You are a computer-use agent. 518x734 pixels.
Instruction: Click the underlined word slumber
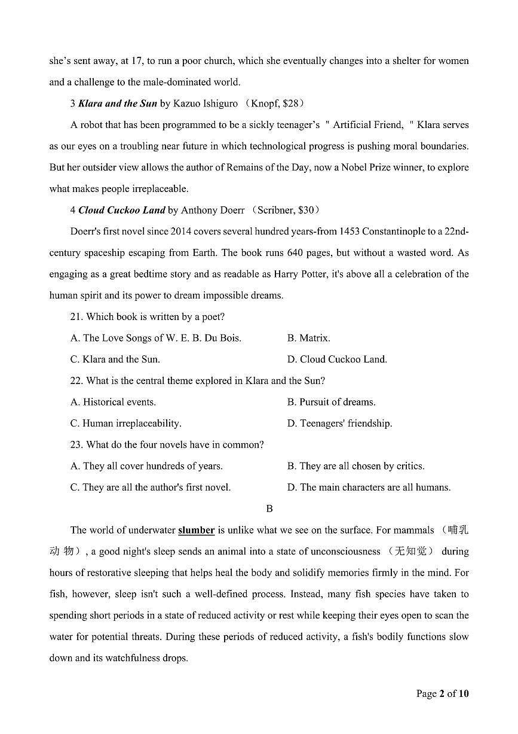click(197, 530)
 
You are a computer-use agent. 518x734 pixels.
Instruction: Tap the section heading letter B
click(269, 508)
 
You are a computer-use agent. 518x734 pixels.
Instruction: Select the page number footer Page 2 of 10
click(442, 693)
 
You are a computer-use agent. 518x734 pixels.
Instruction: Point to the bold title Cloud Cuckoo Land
click(122, 210)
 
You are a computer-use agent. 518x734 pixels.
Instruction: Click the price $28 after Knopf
click(290, 103)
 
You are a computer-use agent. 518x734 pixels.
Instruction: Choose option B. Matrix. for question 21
click(308, 338)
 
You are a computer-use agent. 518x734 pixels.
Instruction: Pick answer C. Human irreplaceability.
click(125, 423)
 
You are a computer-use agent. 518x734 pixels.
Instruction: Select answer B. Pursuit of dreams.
click(331, 402)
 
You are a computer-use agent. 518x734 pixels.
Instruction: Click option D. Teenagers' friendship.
click(339, 423)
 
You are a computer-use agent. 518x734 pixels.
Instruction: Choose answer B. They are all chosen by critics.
click(355, 466)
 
